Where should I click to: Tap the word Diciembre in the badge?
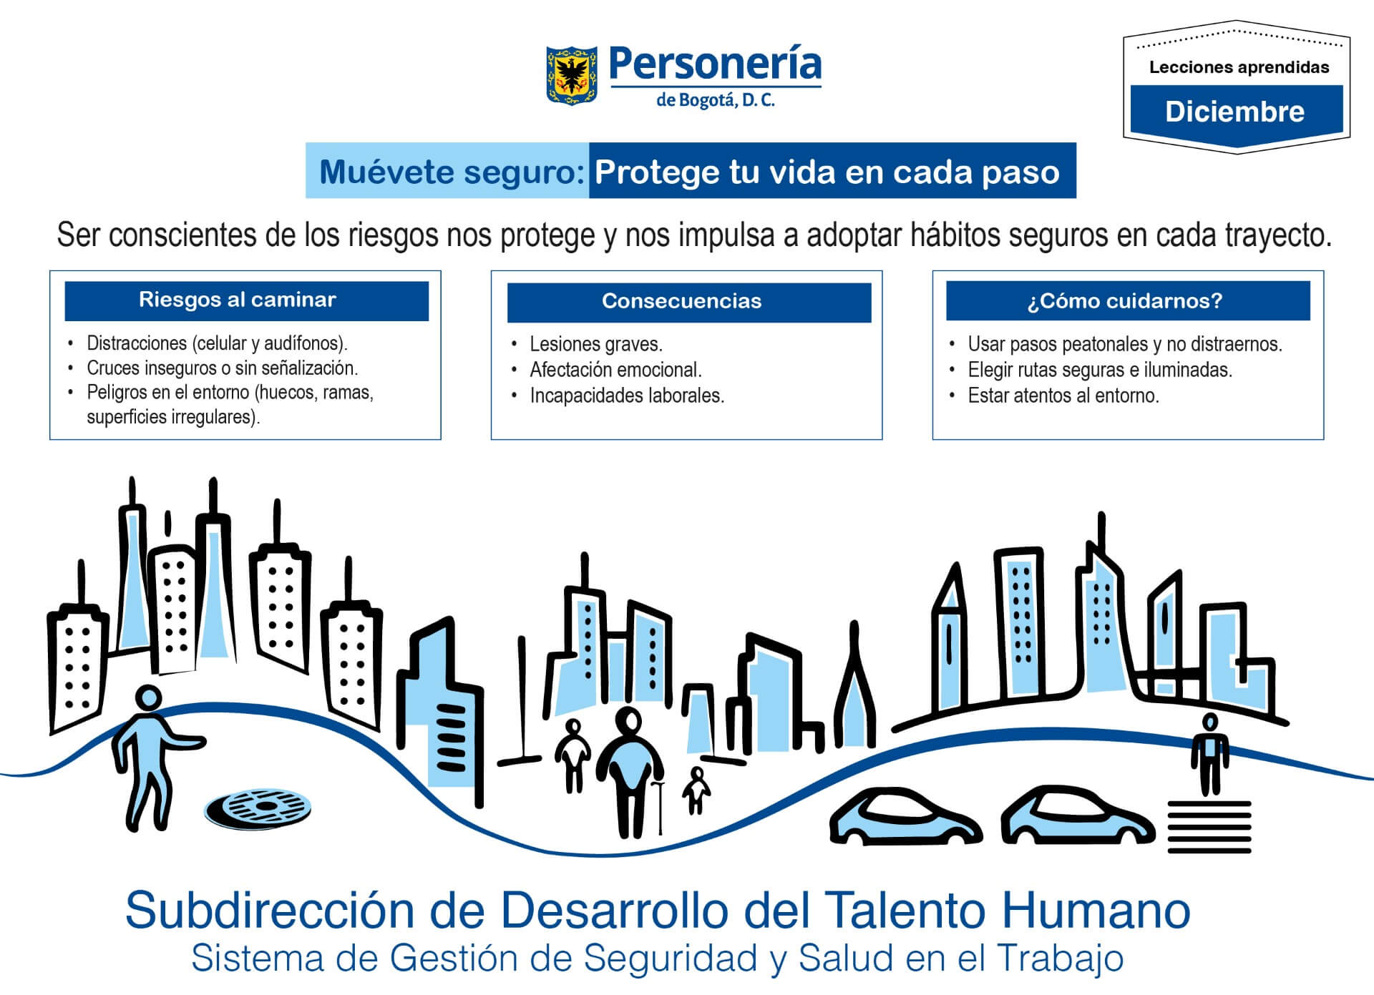coord(1234,112)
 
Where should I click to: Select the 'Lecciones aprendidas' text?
coord(1239,67)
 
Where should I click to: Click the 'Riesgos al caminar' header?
coord(238,300)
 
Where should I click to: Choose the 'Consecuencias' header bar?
coord(681,301)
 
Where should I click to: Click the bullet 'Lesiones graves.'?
coord(595,344)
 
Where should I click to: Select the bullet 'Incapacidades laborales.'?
coord(626,396)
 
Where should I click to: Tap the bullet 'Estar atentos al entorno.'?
coord(1063,396)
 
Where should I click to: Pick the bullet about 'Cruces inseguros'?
coord(222,368)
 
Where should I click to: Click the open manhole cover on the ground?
coord(258,809)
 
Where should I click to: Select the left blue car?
coord(904,818)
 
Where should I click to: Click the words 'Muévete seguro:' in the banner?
coord(452,172)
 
